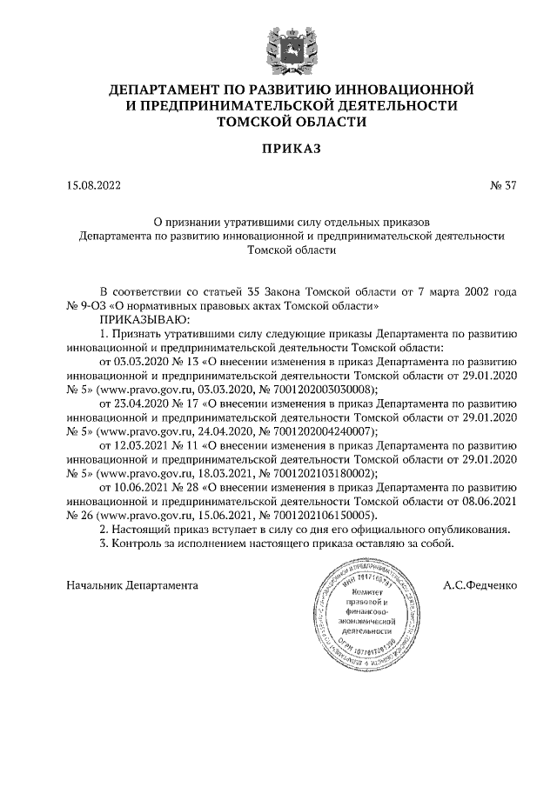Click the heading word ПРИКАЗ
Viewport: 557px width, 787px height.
point(278,149)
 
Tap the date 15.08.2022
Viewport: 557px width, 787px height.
point(95,185)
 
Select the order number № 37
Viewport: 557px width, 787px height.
point(504,185)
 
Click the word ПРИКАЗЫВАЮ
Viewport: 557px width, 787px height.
point(139,320)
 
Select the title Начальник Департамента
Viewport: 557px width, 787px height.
point(132,585)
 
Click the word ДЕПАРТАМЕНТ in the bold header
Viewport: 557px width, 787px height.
point(172,90)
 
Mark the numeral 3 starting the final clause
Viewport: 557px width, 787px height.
point(104,543)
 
